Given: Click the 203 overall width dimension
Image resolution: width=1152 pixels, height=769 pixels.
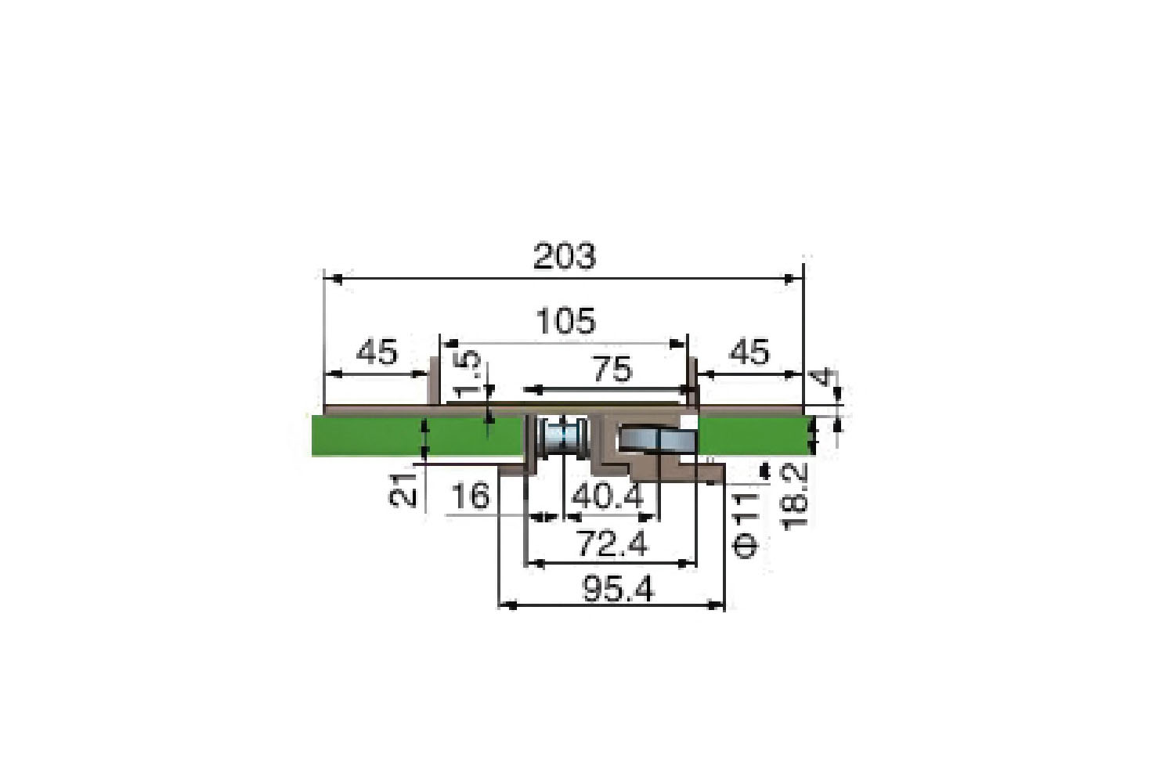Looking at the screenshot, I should (564, 257).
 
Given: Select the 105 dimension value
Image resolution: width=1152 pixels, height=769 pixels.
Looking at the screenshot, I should (565, 321).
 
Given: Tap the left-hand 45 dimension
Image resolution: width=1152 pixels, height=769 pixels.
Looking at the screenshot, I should (377, 352).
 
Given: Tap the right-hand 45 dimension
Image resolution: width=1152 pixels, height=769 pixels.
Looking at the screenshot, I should (749, 352).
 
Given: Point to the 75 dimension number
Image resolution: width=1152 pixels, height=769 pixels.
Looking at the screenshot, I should (612, 370).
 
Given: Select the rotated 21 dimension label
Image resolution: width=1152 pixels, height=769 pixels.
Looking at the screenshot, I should (404, 490).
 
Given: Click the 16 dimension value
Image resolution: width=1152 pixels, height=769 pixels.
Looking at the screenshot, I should (471, 496).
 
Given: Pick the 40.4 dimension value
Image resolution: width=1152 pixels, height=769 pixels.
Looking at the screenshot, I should (608, 496).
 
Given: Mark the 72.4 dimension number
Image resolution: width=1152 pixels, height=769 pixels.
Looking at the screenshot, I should (612, 543).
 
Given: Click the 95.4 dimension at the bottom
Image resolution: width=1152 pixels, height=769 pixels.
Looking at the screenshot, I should (618, 590).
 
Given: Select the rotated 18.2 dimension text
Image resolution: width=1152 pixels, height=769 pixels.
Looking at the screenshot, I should (795, 496).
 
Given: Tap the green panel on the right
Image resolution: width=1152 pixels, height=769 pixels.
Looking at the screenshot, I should (752, 435).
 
